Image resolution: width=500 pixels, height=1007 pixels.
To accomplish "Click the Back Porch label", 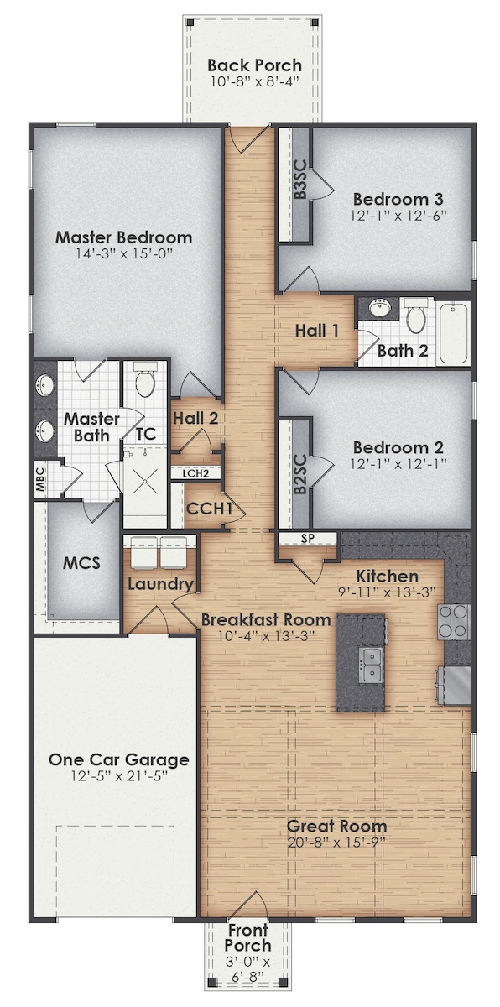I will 254,65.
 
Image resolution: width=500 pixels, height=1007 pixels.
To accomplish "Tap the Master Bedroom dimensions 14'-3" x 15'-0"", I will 124,253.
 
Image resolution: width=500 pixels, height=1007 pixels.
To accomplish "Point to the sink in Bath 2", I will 379,308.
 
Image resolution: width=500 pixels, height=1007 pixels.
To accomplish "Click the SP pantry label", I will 307,539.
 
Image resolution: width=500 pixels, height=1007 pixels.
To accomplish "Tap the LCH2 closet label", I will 195,473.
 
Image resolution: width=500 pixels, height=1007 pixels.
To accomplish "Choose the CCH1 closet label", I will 204,509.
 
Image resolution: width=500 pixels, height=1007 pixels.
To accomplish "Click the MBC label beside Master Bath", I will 39,479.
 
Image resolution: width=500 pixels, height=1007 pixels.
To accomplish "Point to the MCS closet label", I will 81,561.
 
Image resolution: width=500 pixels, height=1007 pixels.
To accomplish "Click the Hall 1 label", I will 316,331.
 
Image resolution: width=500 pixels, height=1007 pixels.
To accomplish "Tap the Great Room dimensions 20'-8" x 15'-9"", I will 336,841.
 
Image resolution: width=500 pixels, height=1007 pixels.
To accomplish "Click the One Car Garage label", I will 118,759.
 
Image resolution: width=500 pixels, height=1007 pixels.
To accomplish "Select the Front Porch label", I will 247,937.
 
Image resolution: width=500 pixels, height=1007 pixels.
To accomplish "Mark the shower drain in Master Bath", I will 145,483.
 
